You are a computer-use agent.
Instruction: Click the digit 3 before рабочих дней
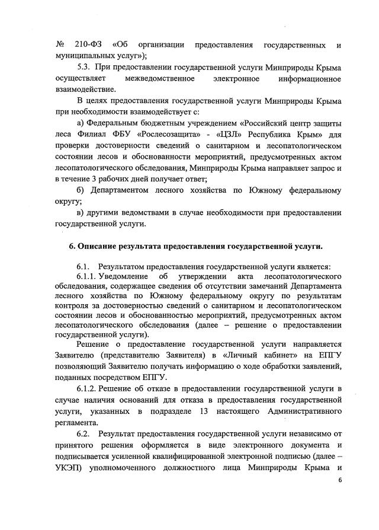click(x=92, y=178)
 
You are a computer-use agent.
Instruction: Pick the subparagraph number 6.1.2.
click(x=86, y=388)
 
